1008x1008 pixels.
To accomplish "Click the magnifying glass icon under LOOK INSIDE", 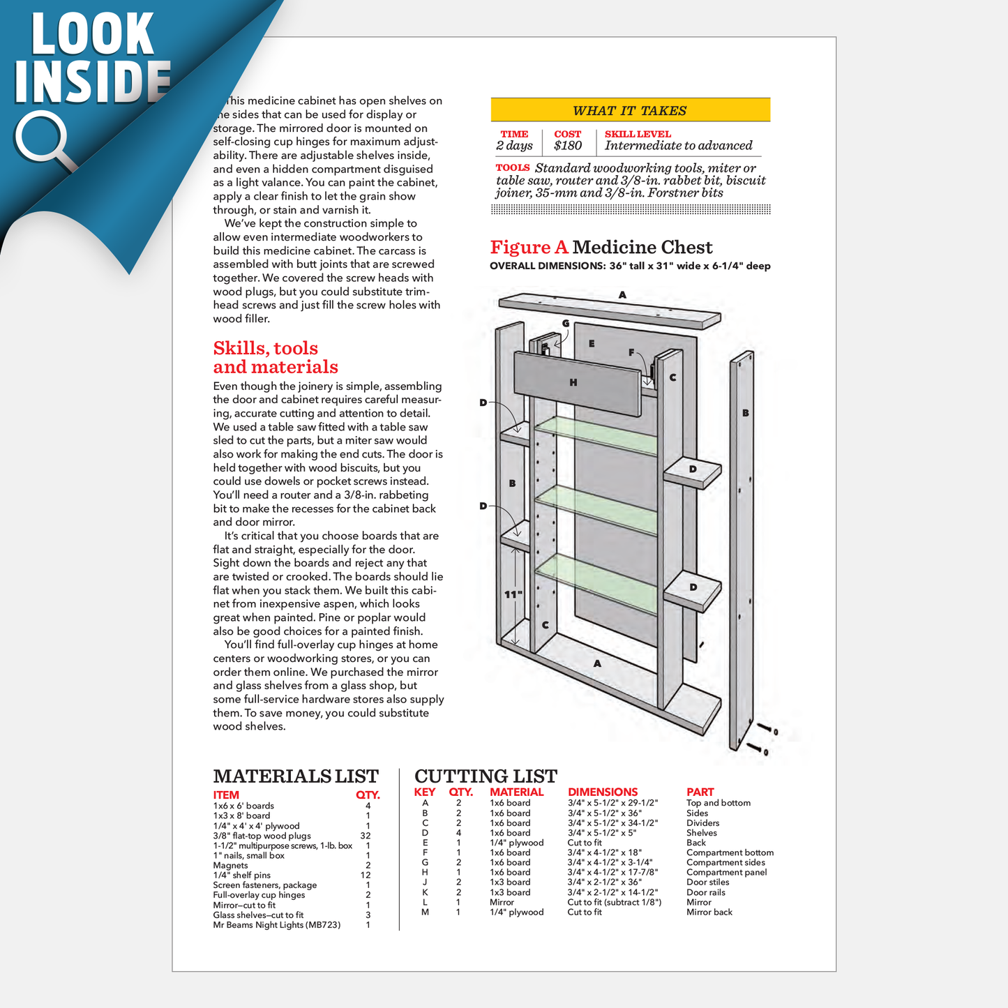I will pos(43,140).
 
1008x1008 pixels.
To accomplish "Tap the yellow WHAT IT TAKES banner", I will pos(630,110).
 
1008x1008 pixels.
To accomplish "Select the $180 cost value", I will pos(568,146).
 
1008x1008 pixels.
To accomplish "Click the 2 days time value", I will pos(514,146).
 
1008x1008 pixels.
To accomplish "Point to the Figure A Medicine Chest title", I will pos(601,248).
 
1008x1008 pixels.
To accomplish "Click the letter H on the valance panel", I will pos(573,382).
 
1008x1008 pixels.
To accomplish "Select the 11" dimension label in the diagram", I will pos(513,594).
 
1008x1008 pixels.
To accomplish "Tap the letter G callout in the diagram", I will pos(566,323).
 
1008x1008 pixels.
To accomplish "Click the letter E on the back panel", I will pos(592,343).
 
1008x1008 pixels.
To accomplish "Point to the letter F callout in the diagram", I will pos(631,352).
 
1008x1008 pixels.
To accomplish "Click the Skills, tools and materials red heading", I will pos(275,358).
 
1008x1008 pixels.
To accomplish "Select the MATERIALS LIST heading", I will pos(296,776).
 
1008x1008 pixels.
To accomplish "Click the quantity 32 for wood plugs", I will pos(366,836).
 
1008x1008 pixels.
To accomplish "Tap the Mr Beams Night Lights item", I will pos(277,925).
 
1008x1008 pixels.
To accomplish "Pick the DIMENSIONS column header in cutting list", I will pos(603,792).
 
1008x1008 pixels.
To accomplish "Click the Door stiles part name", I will pos(707,882).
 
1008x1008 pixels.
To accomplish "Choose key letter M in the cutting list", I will pos(425,912).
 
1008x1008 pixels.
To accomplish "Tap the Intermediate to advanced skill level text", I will pos(678,146).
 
